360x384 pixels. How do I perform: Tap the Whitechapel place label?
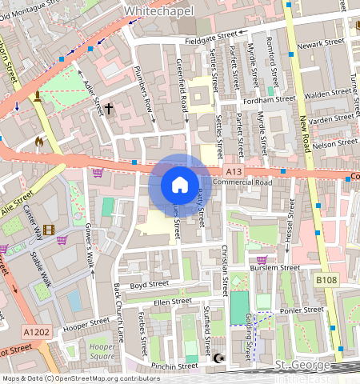click(x=158, y=10)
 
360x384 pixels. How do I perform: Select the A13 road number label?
click(x=233, y=172)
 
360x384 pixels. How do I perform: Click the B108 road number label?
click(x=326, y=280)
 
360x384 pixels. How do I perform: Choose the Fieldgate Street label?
click(x=211, y=36)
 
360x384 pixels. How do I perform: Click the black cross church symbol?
click(x=108, y=106)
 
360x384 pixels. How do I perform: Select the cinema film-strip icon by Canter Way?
click(x=50, y=230)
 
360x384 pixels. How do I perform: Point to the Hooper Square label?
click(x=102, y=352)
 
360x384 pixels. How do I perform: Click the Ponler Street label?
click(x=302, y=310)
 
